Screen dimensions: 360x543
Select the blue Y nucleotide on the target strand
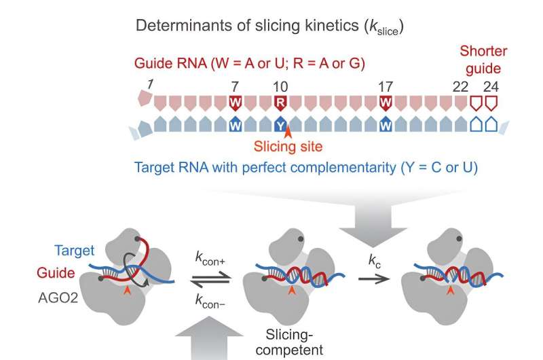coord(280,125)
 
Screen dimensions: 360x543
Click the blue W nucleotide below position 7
coord(236,125)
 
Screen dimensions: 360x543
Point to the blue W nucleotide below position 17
coord(386,125)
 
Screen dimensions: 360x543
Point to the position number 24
coord(490,86)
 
